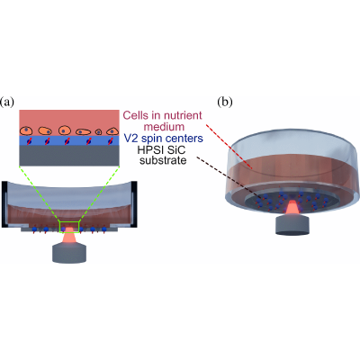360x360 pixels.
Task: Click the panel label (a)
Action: click(x=7, y=103)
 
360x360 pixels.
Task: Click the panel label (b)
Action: click(x=225, y=103)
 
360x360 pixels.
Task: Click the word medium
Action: click(x=164, y=127)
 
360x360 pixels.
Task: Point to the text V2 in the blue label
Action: click(x=130, y=139)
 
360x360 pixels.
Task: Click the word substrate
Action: click(x=163, y=160)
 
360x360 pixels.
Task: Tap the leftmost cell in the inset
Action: click(x=26, y=130)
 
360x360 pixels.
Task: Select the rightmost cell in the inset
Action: click(x=112, y=131)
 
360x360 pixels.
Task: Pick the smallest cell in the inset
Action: click(x=98, y=131)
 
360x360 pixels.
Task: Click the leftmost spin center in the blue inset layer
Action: click(x=29, y=141)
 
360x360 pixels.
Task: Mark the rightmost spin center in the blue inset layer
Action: click(x=110, y=141)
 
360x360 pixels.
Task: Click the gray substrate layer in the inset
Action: click(x=69, y=156)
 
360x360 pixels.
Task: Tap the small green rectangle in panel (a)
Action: click(x=69, y=227)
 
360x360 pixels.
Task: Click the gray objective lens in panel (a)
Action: click(x=69, y=254)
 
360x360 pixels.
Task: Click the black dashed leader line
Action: click(x=229, y=178)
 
